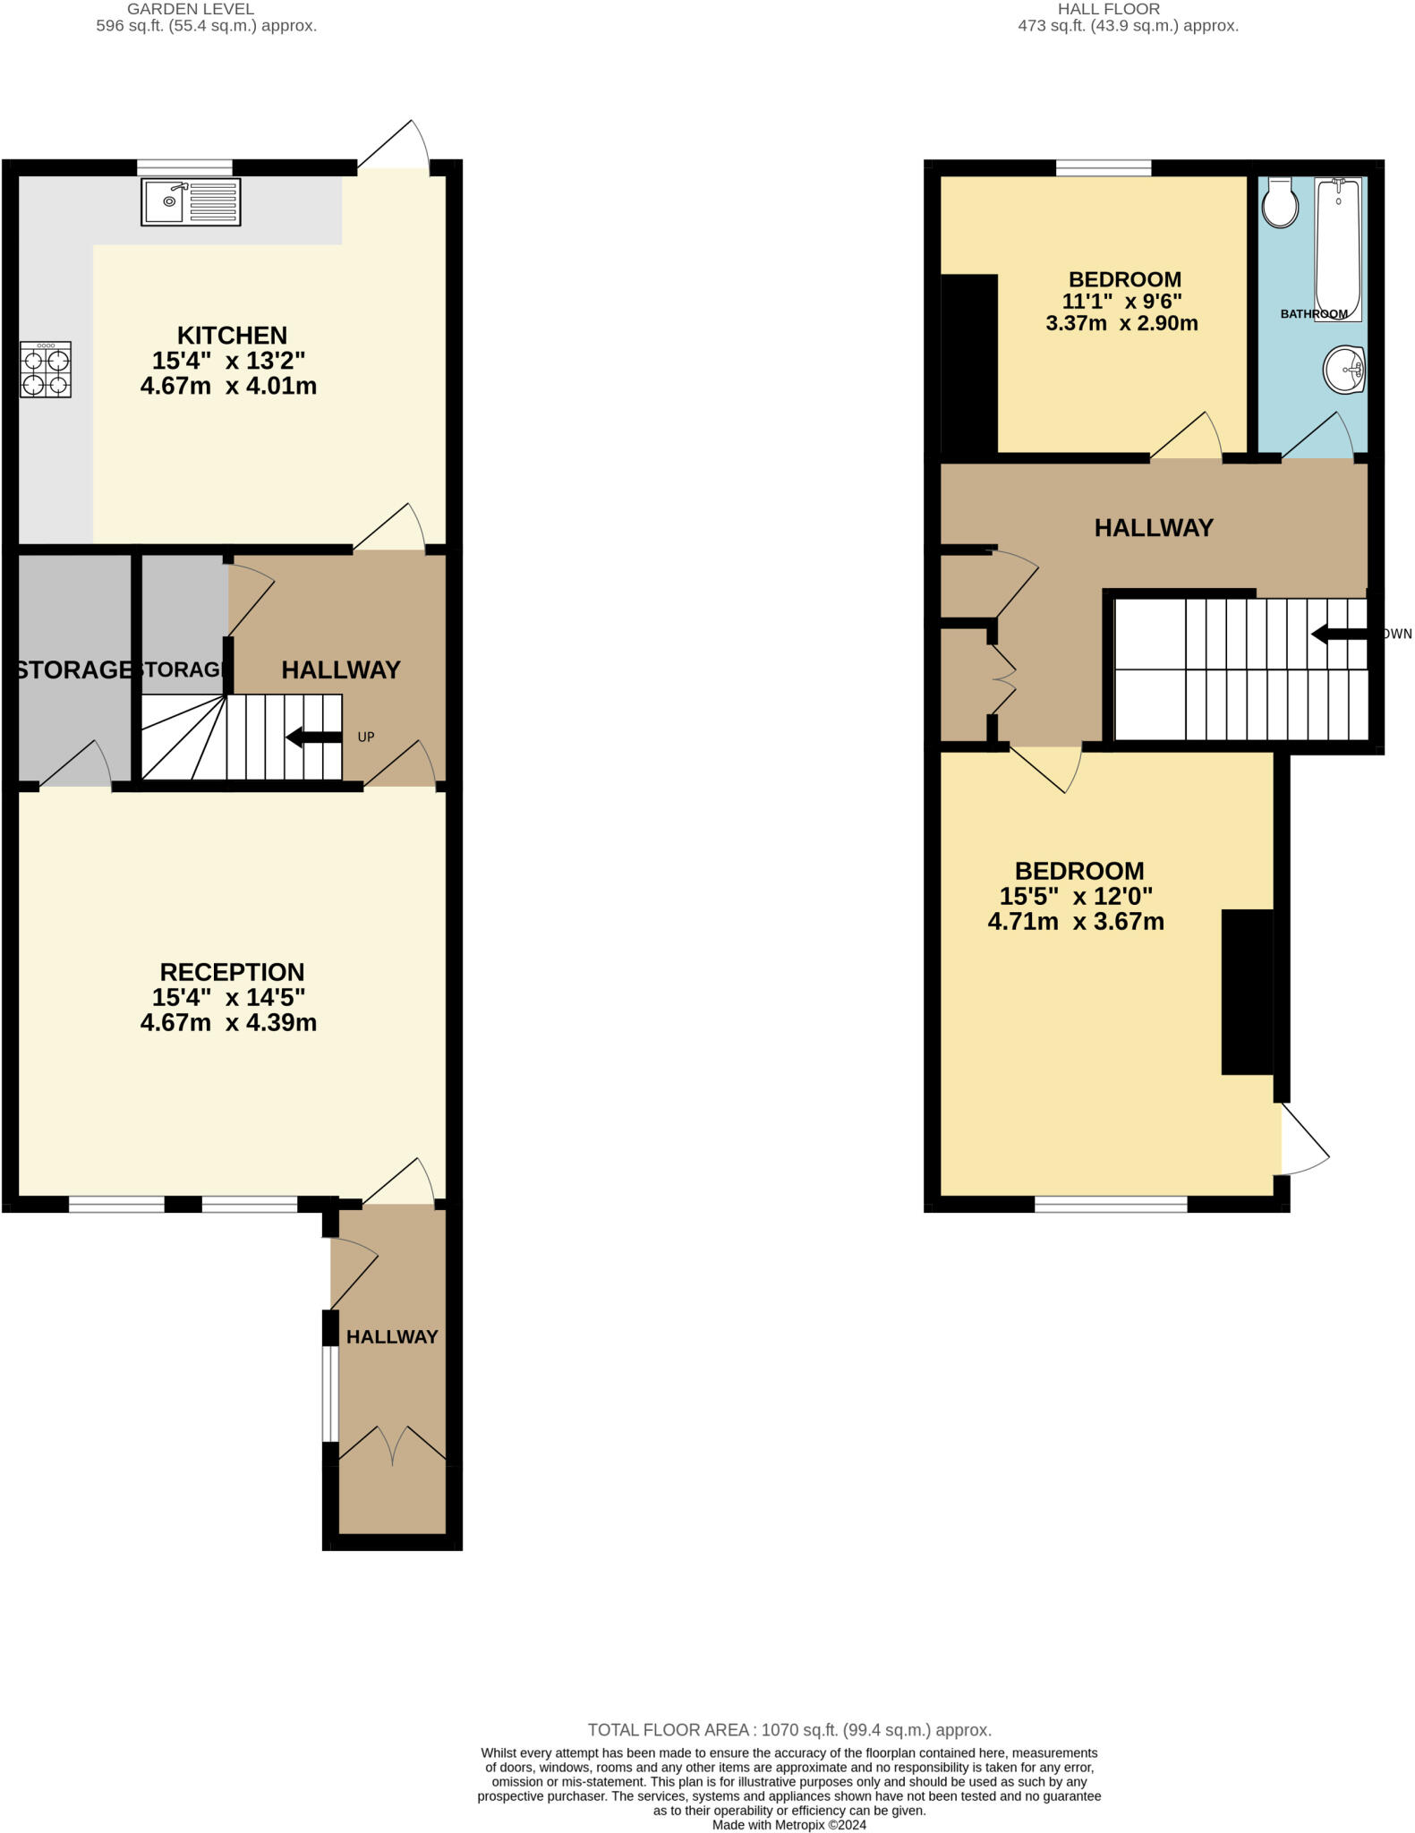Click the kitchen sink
click(x=191, y=202)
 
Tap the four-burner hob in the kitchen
click(x=46, y=370)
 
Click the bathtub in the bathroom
click(x=1338, y=247)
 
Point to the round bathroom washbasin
click(x=1344, y=369)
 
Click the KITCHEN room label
click(x=232, y=336)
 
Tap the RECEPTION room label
click(x=232, y=972)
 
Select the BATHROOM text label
click(x=1313, y=314)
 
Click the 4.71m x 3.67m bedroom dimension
click(x=1076, y=922)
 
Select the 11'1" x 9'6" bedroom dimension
click(x=1122, y=302)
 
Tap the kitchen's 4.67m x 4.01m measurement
click(x=228, y=387)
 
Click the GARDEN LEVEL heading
click(x=191, y=9)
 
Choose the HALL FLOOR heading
click(x=1109, y=9)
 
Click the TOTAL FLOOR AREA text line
click(x=789, y=1730)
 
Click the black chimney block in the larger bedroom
click(x=1248, y=991)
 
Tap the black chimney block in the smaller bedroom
click(x=969, y=365)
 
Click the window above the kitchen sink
click(x=185, y=167)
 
